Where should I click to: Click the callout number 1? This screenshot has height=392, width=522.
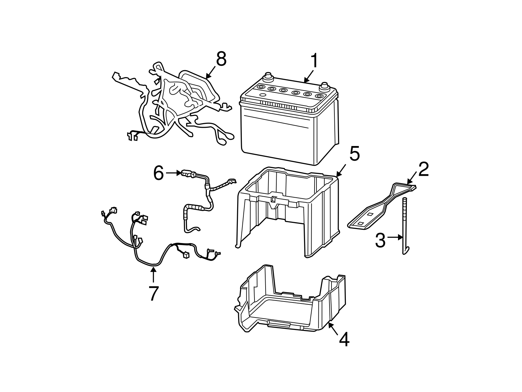[x=314, y=61]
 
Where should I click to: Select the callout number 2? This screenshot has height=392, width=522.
[x=423, y=170]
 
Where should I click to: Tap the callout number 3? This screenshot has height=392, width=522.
[x=380, y=240]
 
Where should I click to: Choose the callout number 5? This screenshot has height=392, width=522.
[x=354, y=154]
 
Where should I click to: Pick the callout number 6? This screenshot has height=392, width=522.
[x=159, y=173]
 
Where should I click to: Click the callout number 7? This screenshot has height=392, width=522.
[x=153, y=293]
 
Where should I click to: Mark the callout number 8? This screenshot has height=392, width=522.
[x=221, y=60]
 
